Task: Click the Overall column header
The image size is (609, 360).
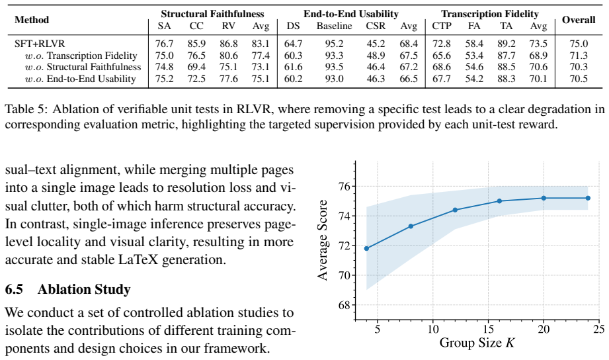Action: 579,20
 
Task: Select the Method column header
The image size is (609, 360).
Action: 32,20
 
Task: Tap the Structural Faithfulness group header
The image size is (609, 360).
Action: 212,14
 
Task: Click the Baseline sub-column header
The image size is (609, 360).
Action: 334,26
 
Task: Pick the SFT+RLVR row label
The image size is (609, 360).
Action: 40,44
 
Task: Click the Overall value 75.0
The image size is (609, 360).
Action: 579,44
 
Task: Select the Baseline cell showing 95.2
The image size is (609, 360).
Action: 334,44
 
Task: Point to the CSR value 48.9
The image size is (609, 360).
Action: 376,56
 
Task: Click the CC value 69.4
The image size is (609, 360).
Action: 196,67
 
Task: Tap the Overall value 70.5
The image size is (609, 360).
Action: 579,79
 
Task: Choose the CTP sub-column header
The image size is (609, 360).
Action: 442,26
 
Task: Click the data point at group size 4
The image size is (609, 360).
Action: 366,248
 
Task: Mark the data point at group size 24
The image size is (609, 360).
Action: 588,199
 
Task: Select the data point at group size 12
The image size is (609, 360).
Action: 455,210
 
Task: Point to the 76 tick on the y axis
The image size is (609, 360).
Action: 345,186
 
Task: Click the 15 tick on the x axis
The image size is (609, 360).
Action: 488,330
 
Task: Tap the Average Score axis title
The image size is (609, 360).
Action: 323,240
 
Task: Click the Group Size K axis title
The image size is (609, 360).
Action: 477,343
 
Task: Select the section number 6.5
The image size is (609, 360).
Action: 14,289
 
